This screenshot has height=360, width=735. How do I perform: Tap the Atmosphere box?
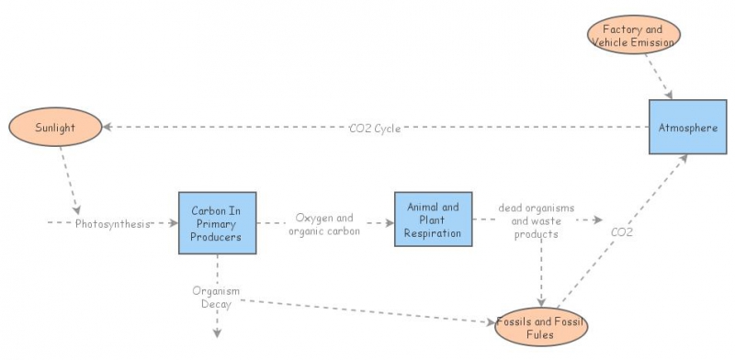tap(686, 128)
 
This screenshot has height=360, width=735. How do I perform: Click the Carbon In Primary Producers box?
tap(216, 223)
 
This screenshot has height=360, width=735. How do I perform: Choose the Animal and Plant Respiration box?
tap(433, 219)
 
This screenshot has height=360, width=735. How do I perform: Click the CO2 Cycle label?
tap(374, 128)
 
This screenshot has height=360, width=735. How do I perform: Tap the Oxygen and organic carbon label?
tap(323, 224)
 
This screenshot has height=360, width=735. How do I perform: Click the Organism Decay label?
tap(216, 298)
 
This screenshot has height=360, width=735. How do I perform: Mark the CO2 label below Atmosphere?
tap(622, 233)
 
